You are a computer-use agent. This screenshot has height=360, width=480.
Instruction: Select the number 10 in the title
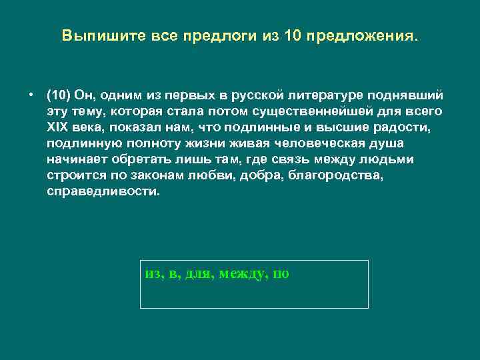pyautogui.click(x=293, y=35)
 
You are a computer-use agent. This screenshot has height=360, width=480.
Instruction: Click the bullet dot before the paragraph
pyautogui.click(x=31, y=93)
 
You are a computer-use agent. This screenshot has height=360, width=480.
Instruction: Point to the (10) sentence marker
pyautogui.click(x=59, y=94)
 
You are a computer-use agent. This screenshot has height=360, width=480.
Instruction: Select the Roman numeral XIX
pyautogui.click(x=59, y=127)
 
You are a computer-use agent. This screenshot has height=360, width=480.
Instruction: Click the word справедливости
pyautogui.click(x=104, y=191)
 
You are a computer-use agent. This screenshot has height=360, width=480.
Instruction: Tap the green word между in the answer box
pyautogui.click(x=241, y=273)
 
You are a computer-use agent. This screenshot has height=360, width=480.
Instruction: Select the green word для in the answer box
pyautogui.click(x=198, y=273)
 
